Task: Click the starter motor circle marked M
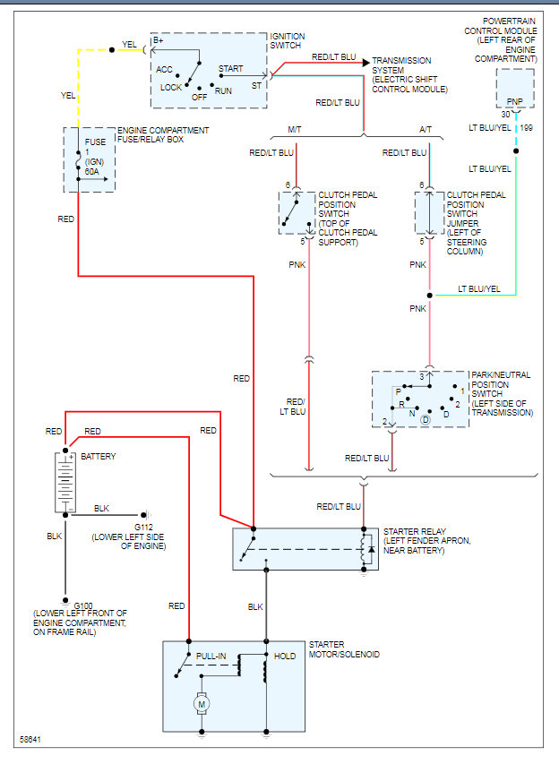(x=202, y=704)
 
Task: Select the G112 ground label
(x=143, y=528)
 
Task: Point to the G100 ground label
(x=83, y=605)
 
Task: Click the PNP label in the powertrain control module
(x=514, y=101)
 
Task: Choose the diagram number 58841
(x=30, y=739)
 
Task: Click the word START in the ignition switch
(x=230, y=69)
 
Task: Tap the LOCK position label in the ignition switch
(x=171, y=88)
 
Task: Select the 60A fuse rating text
(x=92, y=171)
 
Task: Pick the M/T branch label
(x=295, y=130)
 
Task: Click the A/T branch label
(x=426, y=130)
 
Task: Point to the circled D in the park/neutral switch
(x=426, y=419)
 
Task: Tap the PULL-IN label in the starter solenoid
(x=211, y=657)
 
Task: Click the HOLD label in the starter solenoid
(x=285, y=657)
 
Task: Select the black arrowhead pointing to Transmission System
(x=366, y=63)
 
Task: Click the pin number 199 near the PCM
(x=527, y=128)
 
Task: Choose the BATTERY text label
(x=99, y=457)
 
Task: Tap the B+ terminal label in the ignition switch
(x=159, y=41)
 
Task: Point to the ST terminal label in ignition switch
(x=257, y=86)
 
